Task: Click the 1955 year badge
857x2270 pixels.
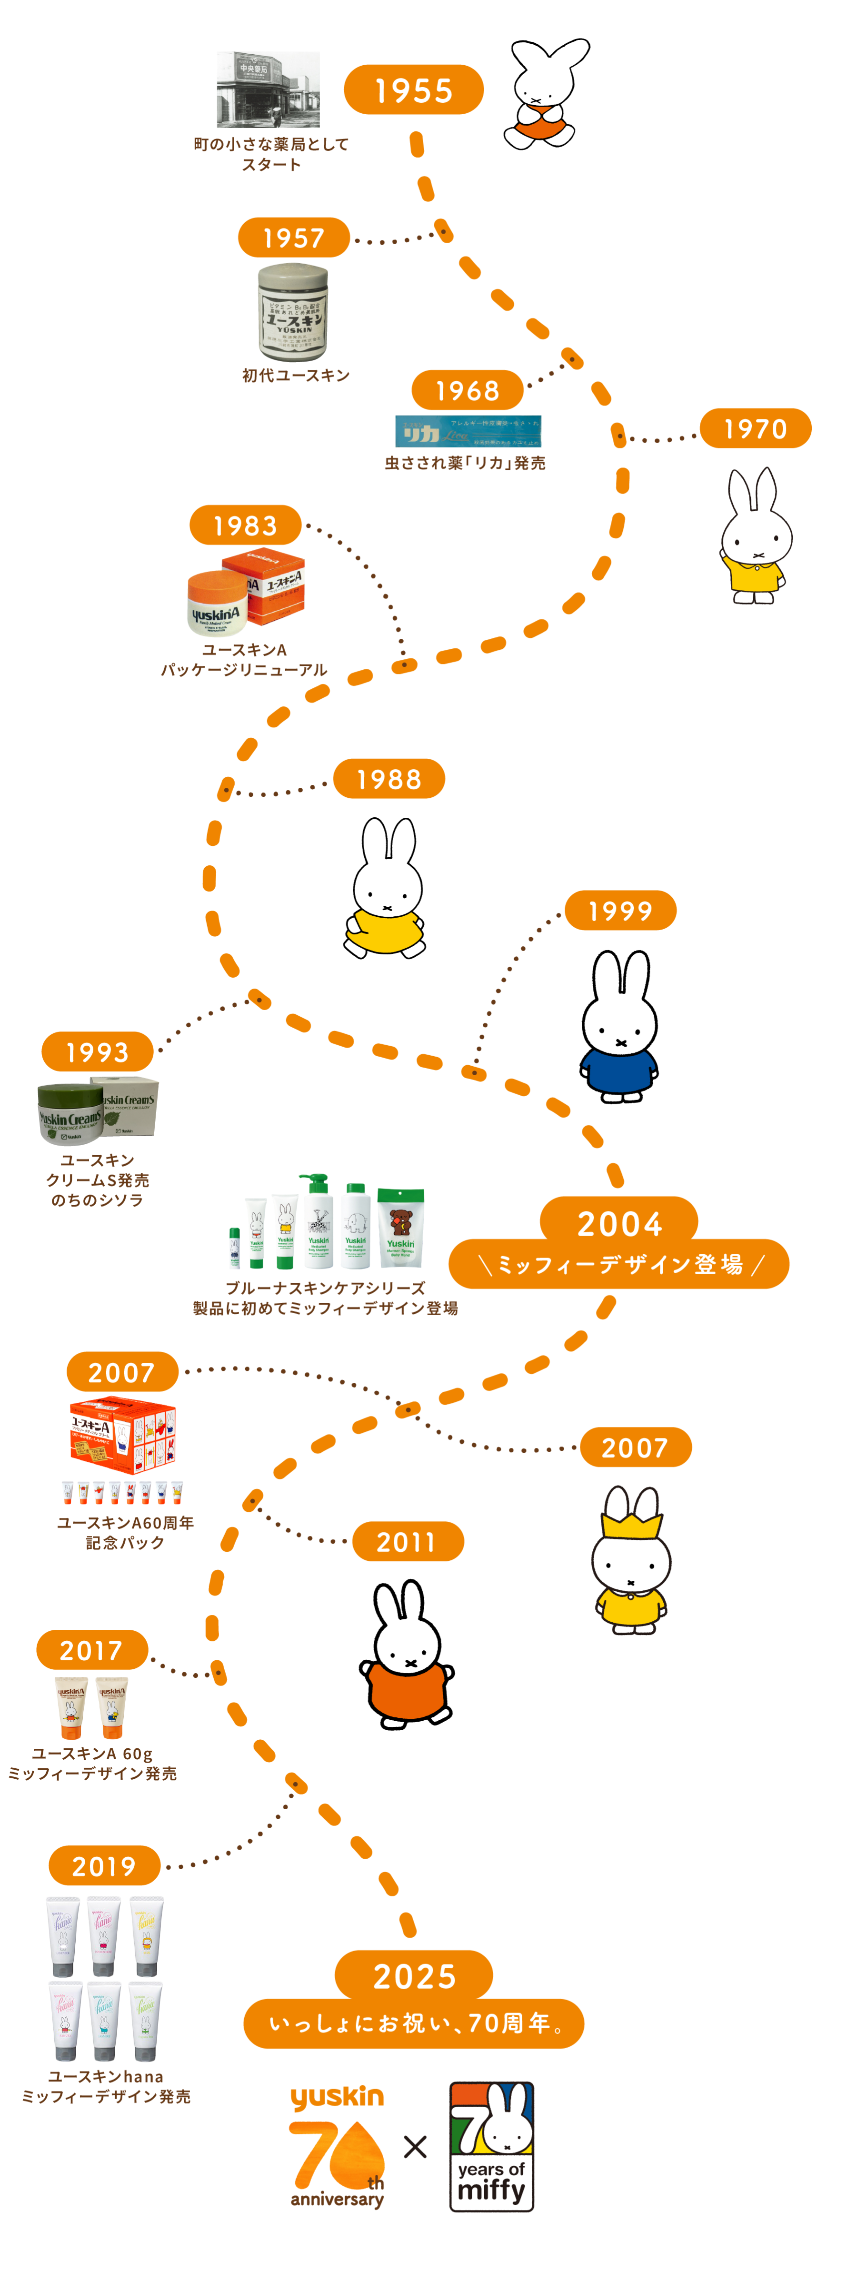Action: (414, 90)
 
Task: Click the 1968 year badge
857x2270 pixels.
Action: (467, 390)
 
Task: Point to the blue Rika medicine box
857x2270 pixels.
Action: (468, 432)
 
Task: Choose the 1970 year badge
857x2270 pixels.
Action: (756, 429)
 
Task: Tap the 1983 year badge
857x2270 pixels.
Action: (245, 526)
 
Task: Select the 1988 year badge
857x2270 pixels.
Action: (389, 779)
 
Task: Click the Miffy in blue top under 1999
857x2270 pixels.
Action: (620, 1027)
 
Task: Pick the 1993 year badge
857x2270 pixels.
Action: (97, 1052)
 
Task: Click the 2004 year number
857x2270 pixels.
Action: (619, 1224)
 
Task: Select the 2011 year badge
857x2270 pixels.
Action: (408, 1542)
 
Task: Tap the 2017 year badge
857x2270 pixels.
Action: (92, 1651)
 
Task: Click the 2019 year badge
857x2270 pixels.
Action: (104, 1866)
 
